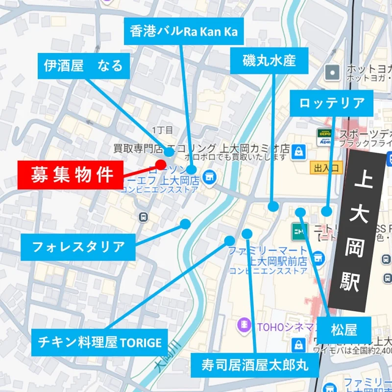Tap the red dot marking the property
(x=161, y=165)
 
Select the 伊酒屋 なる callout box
(x=84, y=66)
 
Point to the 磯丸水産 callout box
(x=269, y=60)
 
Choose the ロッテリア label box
(x=332, y=103)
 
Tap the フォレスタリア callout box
(x=77, y=246)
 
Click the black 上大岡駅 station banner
(x=363, y=230)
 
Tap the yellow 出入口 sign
(x=326, y=168)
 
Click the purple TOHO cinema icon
(x=243, y=324)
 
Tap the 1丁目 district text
(x=163, y=130)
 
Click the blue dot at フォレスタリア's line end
(x=185, y=224)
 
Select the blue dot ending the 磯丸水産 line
(x=273, y=206)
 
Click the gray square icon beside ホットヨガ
(x=332, y=73)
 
